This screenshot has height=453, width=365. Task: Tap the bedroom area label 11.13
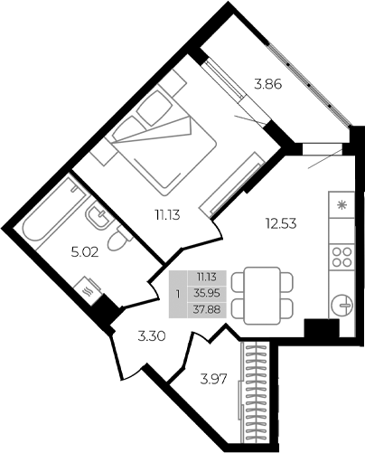coord(166,213)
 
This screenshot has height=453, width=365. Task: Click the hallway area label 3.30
coord(152,336)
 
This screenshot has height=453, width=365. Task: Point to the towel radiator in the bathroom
coord(86,290)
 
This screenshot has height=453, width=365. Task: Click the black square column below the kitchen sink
coord(319,331)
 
